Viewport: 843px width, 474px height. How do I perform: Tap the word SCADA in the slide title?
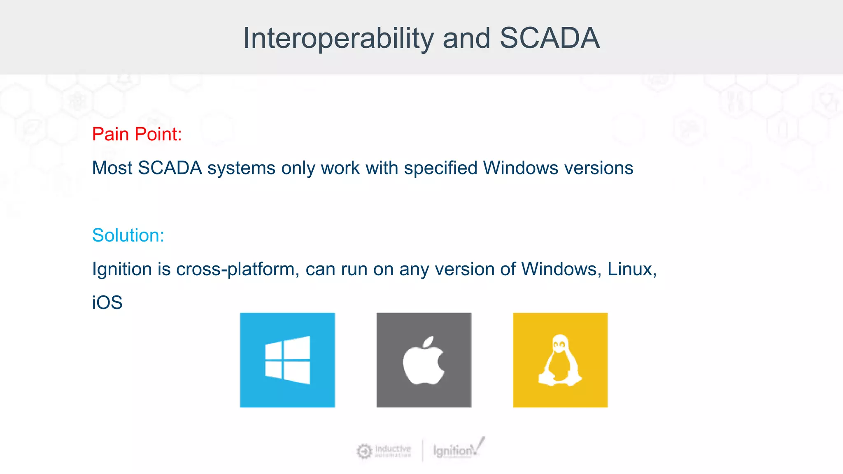(550, 38)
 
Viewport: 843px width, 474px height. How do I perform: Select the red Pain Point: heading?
(137, 134)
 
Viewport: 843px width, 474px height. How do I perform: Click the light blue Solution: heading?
(128, 235)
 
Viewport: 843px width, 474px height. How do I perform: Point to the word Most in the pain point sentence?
(112, 168)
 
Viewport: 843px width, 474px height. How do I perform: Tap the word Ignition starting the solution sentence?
(122, 269)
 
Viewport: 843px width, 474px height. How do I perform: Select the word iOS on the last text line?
(107, 303)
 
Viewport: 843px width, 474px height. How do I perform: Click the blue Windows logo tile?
(287, 360)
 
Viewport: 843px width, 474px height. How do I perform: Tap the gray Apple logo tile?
(424, 360)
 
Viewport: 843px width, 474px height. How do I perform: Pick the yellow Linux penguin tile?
(560, 360)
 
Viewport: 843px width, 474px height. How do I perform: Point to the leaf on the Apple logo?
(429, 342)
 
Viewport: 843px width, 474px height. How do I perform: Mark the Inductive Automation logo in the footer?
(384, 451)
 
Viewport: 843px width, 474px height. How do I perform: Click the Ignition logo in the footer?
(458, 450)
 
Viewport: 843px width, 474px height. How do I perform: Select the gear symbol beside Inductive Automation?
(364, 451)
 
